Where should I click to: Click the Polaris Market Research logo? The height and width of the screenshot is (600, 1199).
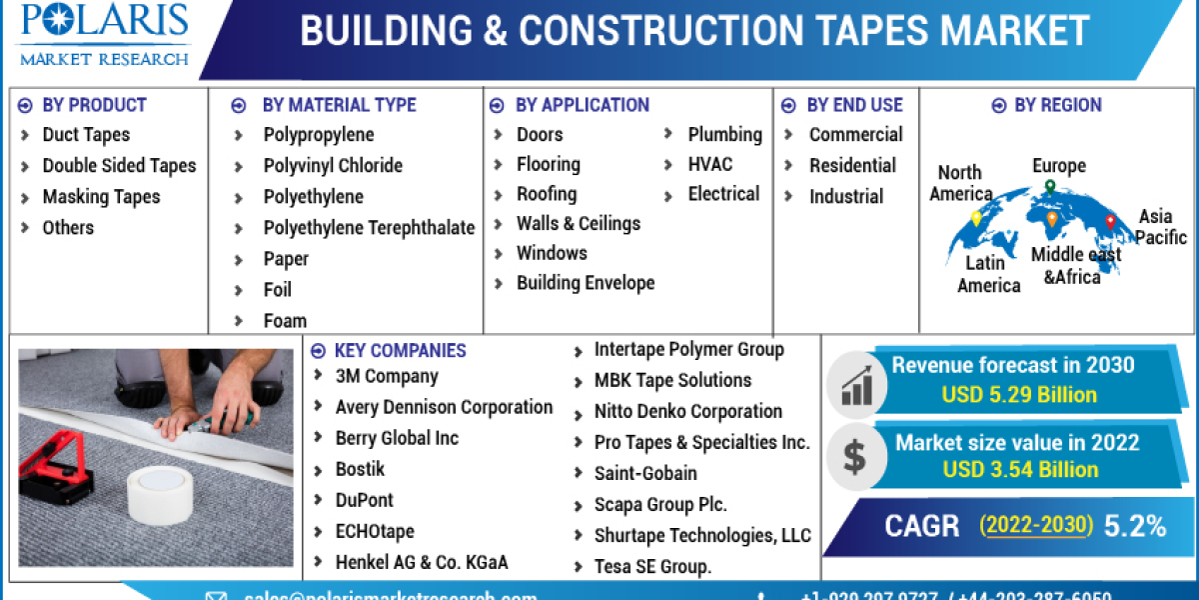click(104, 34)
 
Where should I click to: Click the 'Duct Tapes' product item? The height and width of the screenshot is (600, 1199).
click(86, 135)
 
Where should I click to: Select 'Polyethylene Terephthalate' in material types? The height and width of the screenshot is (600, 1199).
click(369, 228)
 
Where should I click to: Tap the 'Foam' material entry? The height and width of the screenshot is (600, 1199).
click(285, 321)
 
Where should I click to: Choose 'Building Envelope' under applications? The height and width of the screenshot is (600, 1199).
click(586, 283)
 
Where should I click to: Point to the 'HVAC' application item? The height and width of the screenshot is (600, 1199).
click(709, 164)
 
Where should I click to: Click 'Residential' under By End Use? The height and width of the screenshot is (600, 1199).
click(852, 166)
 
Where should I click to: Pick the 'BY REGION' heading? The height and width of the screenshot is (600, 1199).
click(1057, 105)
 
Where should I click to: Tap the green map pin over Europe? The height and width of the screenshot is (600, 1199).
click(1050, 187)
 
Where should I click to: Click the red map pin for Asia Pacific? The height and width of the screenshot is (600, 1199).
click(1110, 222)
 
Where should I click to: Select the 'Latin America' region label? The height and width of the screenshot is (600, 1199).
click(988, 274)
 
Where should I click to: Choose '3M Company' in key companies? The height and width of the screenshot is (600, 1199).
click(387, 377)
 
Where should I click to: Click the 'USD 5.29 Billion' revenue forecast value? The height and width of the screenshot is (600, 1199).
click(1019, 395)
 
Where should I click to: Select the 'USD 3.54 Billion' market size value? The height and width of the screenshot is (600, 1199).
click(1019, 470)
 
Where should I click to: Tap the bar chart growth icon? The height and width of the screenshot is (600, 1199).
click(856, 381)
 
